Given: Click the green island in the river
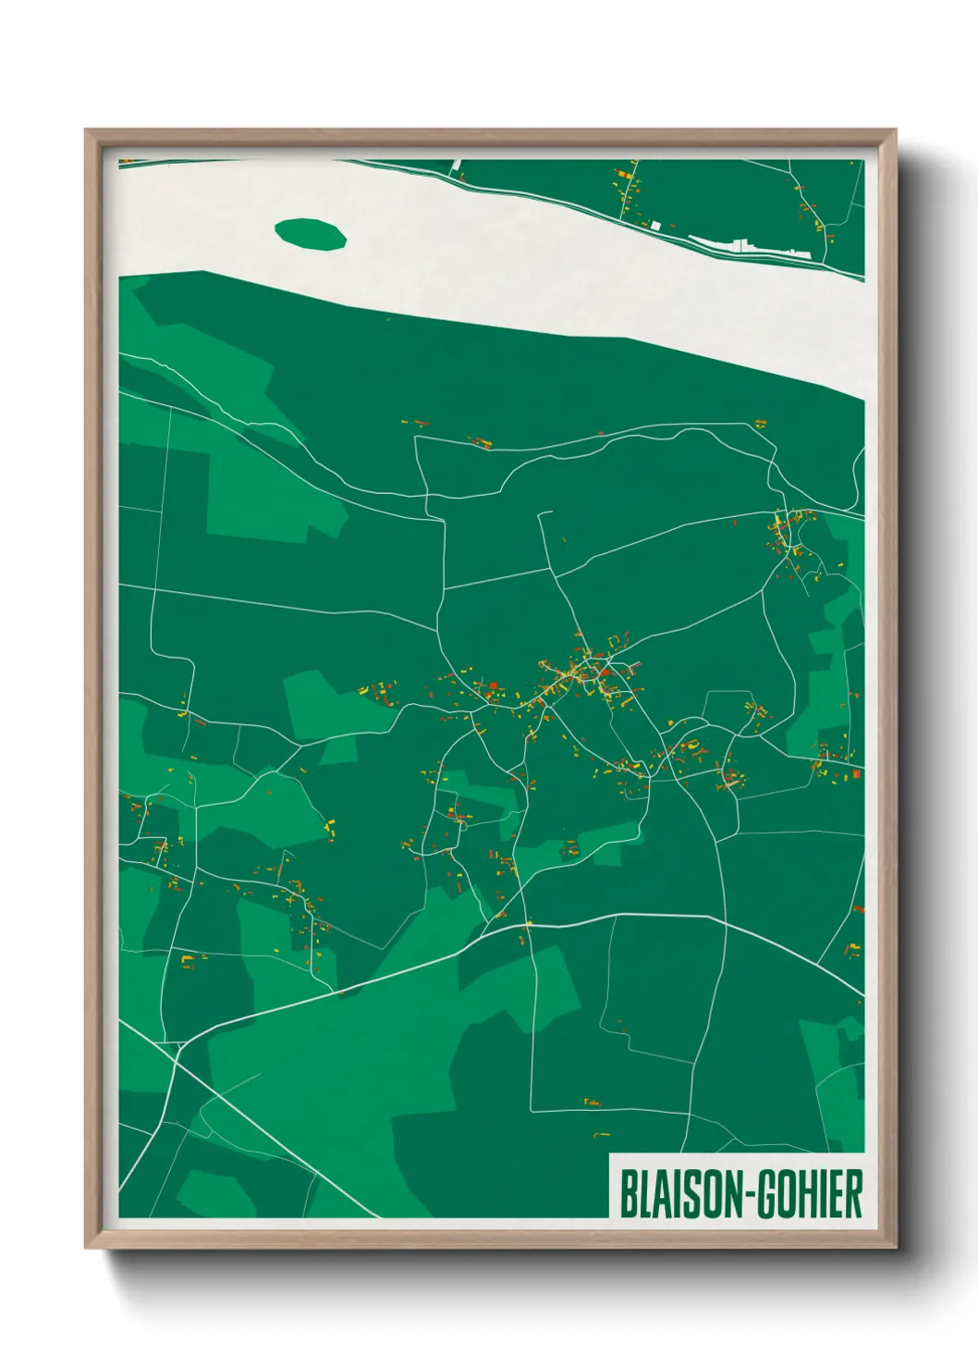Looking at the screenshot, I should tap(311, 233).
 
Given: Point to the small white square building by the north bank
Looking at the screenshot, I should tap(655, 225).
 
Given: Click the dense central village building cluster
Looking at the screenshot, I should tap(578, 675).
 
